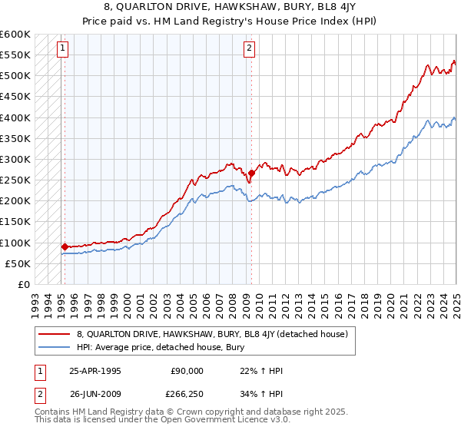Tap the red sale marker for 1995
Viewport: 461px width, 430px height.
pyautogui.click(x=65, y=246)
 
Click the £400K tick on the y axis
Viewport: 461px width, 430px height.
pyautogui.click(x=15, y=117)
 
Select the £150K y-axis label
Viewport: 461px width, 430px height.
pyautogui.click(x=15, y=222)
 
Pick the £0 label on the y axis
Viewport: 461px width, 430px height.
pyautogui.click(x=23, y=284)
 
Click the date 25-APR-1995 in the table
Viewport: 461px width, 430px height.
pyautogui.click(x=95, y=371)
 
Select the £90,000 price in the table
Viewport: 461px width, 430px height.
pyautogui.click(x=185, y=371)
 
